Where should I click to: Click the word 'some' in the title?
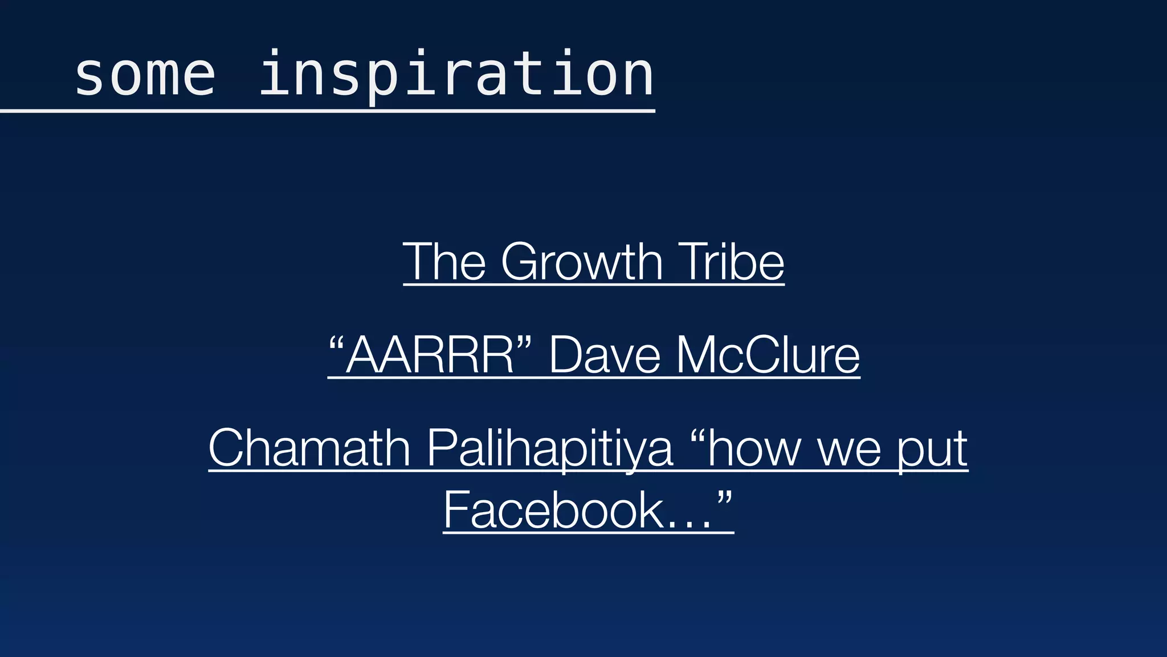tap(145, 75)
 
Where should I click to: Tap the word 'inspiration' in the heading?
tap(456, 75)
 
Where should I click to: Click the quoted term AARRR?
tap(430, 355)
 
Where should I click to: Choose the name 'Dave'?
tap(605, 355)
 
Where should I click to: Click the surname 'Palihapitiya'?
tap(550, 448)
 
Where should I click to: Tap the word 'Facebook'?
tap(553, 510)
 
